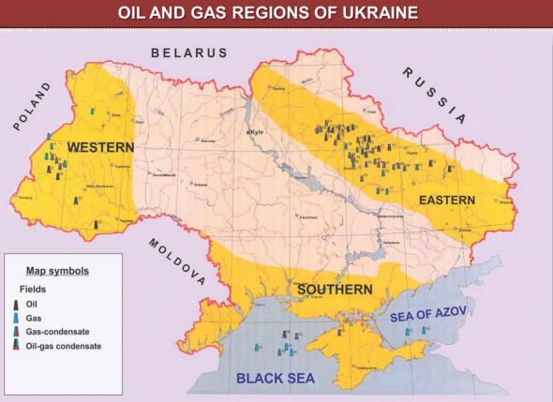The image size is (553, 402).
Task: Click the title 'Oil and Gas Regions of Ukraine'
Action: pyautogui.click(x=276, y=13)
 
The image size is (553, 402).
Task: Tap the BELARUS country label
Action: pyautogui.click(x=190, y=53)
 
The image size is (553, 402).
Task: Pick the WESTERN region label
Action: pyautogui.click(x=100, y=147)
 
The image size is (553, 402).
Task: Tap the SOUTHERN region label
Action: pyautogui.click(x=335, y=290)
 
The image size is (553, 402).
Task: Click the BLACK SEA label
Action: pyautogui.click(x=276, y=379)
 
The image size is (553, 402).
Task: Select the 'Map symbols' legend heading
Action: pyautogui.click(x=57, y=271)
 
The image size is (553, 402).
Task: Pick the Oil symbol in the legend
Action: pyautogui.click(x=17, y=304)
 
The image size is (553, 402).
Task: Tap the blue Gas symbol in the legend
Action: pyautogui.click(x=17, y=318)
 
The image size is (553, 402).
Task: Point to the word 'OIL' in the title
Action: pyautogui.click(x=131, y=13)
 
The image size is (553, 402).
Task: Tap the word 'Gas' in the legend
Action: pyautogui.click(x=35, y=318)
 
